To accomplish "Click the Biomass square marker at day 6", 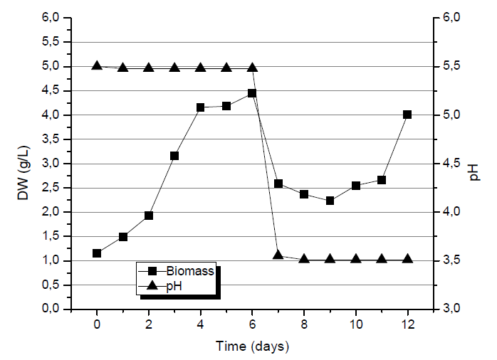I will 252,93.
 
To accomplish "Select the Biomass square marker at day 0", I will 97,253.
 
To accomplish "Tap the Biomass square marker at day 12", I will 407,115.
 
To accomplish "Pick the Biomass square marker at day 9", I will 330,201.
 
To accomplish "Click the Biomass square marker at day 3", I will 174,156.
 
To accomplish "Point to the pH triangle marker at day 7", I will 278,254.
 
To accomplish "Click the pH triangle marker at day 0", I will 97,65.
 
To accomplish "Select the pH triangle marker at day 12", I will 407,258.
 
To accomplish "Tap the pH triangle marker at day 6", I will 252,67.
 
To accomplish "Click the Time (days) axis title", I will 252,346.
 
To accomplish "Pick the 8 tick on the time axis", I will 304,324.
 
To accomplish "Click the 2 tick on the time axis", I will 149,324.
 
